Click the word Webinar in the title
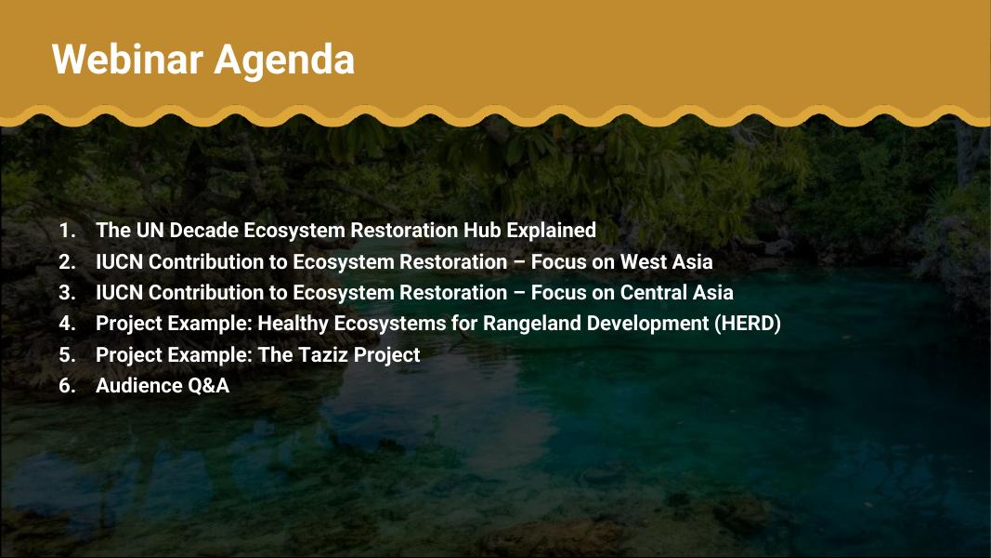[x=128, y=60]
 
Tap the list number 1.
[x=67, y=231]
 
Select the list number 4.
[x=67, y=324]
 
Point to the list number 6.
[x=67, y=385]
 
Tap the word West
[x=642, y=262]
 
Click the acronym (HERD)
[x=748, y=324]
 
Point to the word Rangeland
[x=532, y=324]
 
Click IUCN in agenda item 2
[x=120, y=262]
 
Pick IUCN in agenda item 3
[x=120, y=292]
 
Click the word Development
[x=647, y=324]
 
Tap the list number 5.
[x=67, y=355]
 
